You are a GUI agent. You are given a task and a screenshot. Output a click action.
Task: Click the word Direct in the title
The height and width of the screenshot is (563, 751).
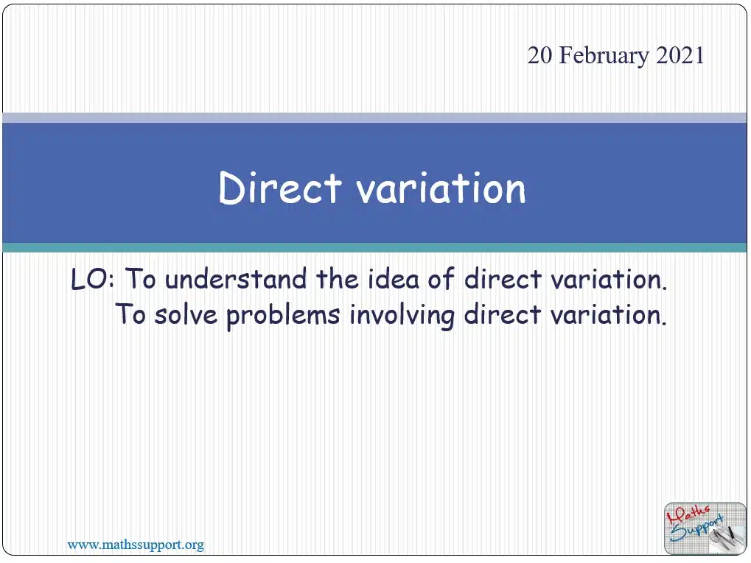[280, 188]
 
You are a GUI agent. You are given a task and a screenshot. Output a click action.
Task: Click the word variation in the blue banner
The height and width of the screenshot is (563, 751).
[441, 188]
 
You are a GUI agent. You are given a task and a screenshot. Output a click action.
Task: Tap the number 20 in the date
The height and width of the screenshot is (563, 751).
[539, 55]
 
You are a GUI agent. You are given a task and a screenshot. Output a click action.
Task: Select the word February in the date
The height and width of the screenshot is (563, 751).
[604, 55]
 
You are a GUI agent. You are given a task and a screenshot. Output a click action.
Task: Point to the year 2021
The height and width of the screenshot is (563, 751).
[680, 55]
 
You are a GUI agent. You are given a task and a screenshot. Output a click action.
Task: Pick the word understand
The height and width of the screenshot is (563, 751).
[236, 279]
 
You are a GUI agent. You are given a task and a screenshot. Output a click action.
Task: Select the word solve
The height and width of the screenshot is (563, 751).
[186, 315]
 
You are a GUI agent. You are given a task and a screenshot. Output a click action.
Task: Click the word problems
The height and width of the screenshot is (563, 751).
[283, 316]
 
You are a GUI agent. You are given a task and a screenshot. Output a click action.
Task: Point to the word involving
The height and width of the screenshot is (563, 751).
[402, 316]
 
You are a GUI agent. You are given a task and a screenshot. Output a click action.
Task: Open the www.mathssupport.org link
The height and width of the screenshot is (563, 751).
[136, 545]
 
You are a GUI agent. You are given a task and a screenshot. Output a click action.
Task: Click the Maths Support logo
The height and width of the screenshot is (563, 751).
[705, 528]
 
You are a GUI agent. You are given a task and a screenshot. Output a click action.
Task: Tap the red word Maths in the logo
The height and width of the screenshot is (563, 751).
[688, 514]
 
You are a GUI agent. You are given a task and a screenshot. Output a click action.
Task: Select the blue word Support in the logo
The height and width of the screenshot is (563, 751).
[697, 531]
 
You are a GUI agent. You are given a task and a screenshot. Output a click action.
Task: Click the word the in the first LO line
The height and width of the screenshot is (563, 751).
[338, 279]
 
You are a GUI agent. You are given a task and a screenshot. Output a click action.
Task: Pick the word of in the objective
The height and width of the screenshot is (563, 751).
[441, 279]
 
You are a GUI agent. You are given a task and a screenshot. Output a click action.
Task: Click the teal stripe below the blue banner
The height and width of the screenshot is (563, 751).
[374, 248]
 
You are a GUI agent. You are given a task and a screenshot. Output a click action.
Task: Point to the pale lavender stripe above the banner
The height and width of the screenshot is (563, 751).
[374, 118]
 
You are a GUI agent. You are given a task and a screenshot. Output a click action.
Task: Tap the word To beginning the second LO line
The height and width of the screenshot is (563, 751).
[130, 315]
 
